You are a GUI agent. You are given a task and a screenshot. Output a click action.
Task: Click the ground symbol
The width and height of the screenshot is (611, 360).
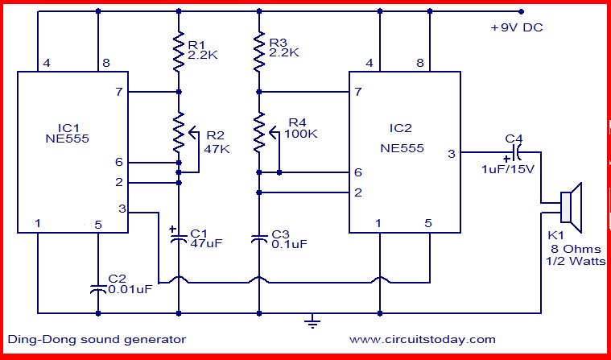pos(310,323)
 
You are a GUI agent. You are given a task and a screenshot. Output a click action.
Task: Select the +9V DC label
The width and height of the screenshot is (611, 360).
pos(516,28)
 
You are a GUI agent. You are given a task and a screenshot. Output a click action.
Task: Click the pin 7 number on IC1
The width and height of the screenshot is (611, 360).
pos(119,93)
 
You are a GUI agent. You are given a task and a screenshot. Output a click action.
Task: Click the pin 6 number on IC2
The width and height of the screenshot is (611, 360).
pos(357,173)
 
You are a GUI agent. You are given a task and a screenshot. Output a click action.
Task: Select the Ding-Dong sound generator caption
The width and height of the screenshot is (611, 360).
pos(96,339)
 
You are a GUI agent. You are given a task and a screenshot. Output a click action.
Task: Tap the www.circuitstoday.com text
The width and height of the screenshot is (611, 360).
pos(423,339)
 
